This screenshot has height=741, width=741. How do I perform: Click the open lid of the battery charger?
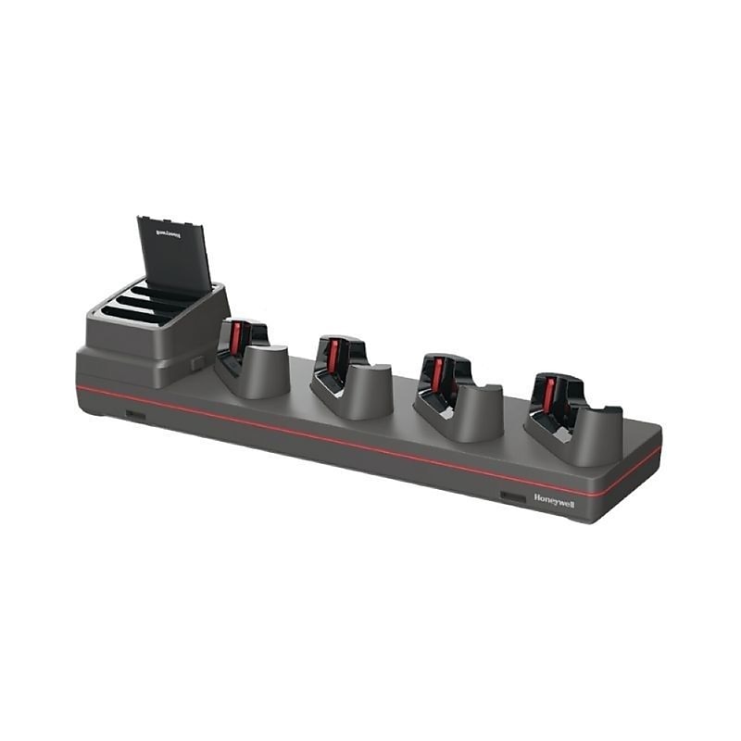tap(175, 255)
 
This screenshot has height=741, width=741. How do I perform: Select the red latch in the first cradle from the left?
tap(236, 339)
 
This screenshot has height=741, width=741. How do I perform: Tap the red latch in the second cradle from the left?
tap(333, 357)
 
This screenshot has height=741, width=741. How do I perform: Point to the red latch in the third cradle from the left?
tap(437, 375)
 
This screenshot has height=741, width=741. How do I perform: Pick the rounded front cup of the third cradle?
tap(479, 413)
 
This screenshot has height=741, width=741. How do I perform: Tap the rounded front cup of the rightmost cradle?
tap(597, 436)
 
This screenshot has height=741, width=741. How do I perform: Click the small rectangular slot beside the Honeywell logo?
tap(513, 497)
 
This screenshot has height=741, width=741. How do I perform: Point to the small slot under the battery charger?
tap(135, 415)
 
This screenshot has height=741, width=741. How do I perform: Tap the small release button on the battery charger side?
tap(198, 364)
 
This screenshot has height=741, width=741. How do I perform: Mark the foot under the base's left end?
tap(93, 410)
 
